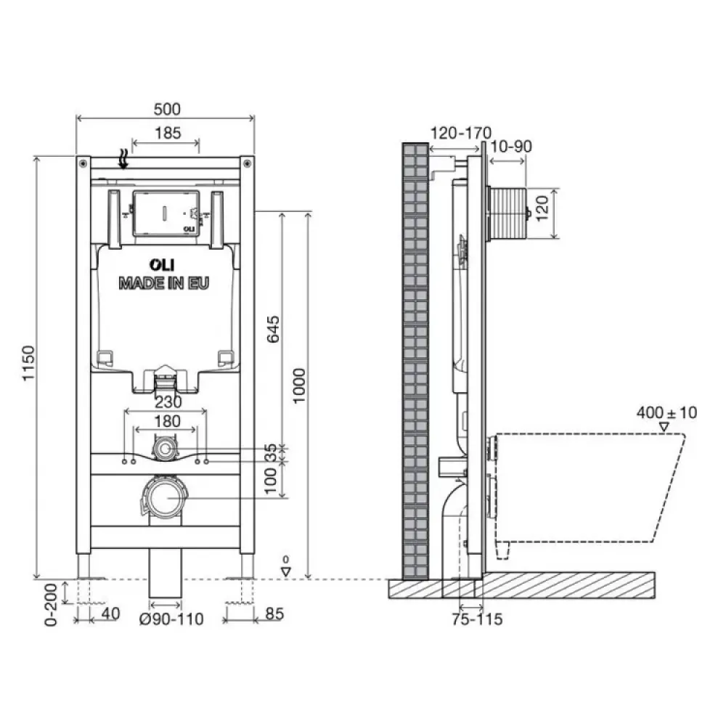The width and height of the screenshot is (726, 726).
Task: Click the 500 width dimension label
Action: [x=167, y=110]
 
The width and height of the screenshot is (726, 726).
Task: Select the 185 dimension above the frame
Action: [x=168, y=134]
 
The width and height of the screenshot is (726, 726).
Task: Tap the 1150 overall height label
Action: [x=29, y=363]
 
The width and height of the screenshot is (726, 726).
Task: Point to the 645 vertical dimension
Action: [x=273, y=329]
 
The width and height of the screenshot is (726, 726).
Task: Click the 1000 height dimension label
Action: [x=300, y=386]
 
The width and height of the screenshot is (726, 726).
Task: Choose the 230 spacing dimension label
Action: [x=168, y=401]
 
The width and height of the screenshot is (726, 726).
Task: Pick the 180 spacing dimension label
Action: [x=167, y=421]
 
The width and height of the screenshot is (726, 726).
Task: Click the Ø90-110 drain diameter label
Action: [x=171, y=619]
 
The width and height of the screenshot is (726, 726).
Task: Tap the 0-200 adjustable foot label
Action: [x=51, y=605]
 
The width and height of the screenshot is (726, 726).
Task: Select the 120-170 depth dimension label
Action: [x=461, y=133]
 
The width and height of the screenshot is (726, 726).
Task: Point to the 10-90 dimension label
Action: [x=510, y=147]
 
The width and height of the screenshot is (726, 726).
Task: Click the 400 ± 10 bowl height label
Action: [x=666, y=412]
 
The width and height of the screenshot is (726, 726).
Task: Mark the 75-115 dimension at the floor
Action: [x=477, y=619]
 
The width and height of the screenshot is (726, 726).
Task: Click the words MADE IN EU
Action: [x=164, y=283]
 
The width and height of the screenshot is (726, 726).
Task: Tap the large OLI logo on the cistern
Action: [x=162, y=265]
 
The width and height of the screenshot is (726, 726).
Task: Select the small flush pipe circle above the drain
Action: [x=163, y=449]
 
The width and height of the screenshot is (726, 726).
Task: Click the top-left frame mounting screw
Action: [x=83, y=163]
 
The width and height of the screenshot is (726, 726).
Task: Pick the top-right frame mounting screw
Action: [x=247, y=163]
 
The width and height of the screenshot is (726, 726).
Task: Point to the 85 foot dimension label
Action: [x=274, y=614]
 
